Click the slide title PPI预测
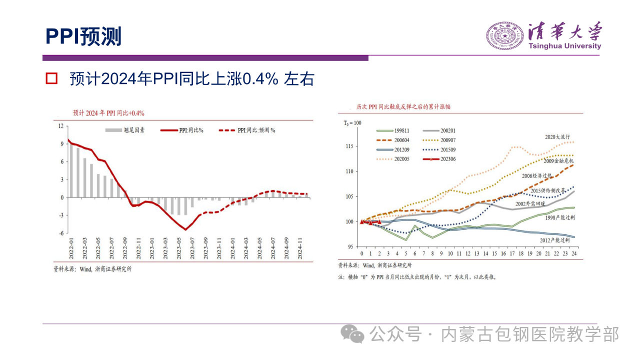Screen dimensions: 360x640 click(x=83, y=36)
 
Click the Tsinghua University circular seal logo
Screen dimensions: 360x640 click(x=504, y=35)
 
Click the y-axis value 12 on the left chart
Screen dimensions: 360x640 click(x=61, y=126)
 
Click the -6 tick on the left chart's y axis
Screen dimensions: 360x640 click(x=61, y=233)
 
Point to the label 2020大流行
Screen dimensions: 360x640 click(x=557, y=136)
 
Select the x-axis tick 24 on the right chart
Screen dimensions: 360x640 click(x=574, y=254)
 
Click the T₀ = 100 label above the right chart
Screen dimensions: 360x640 click(x=352, y=122)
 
